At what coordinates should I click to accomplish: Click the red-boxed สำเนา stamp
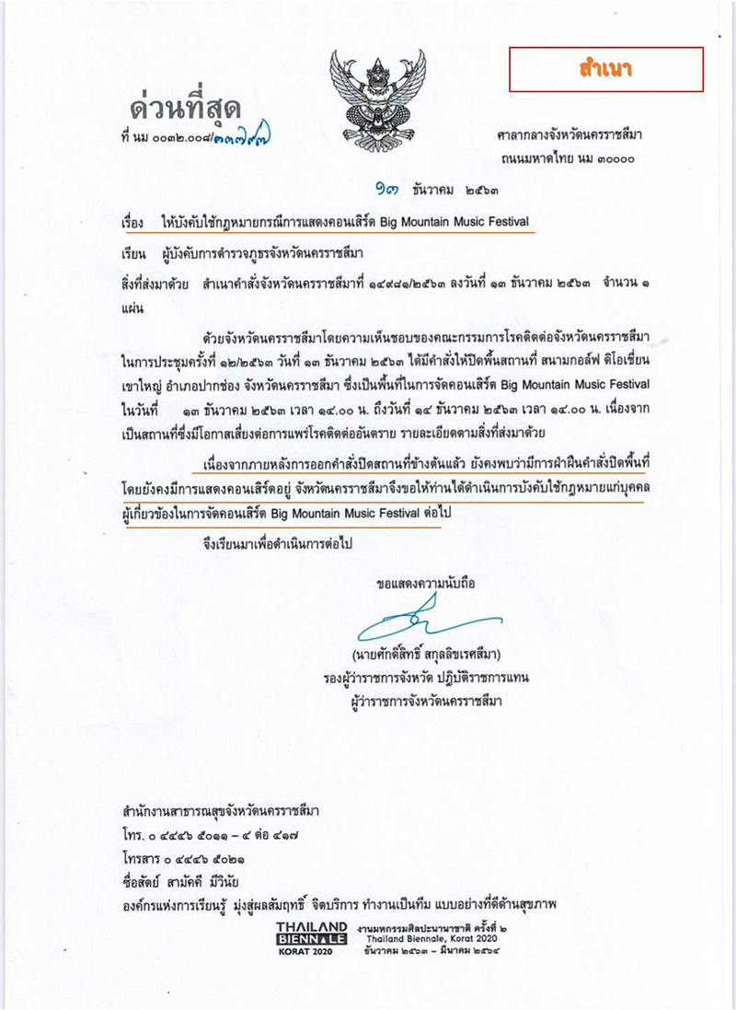[606, 68]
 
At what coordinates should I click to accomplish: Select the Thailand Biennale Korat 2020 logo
[312, 939]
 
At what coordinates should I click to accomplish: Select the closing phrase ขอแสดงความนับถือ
[426, 584]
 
